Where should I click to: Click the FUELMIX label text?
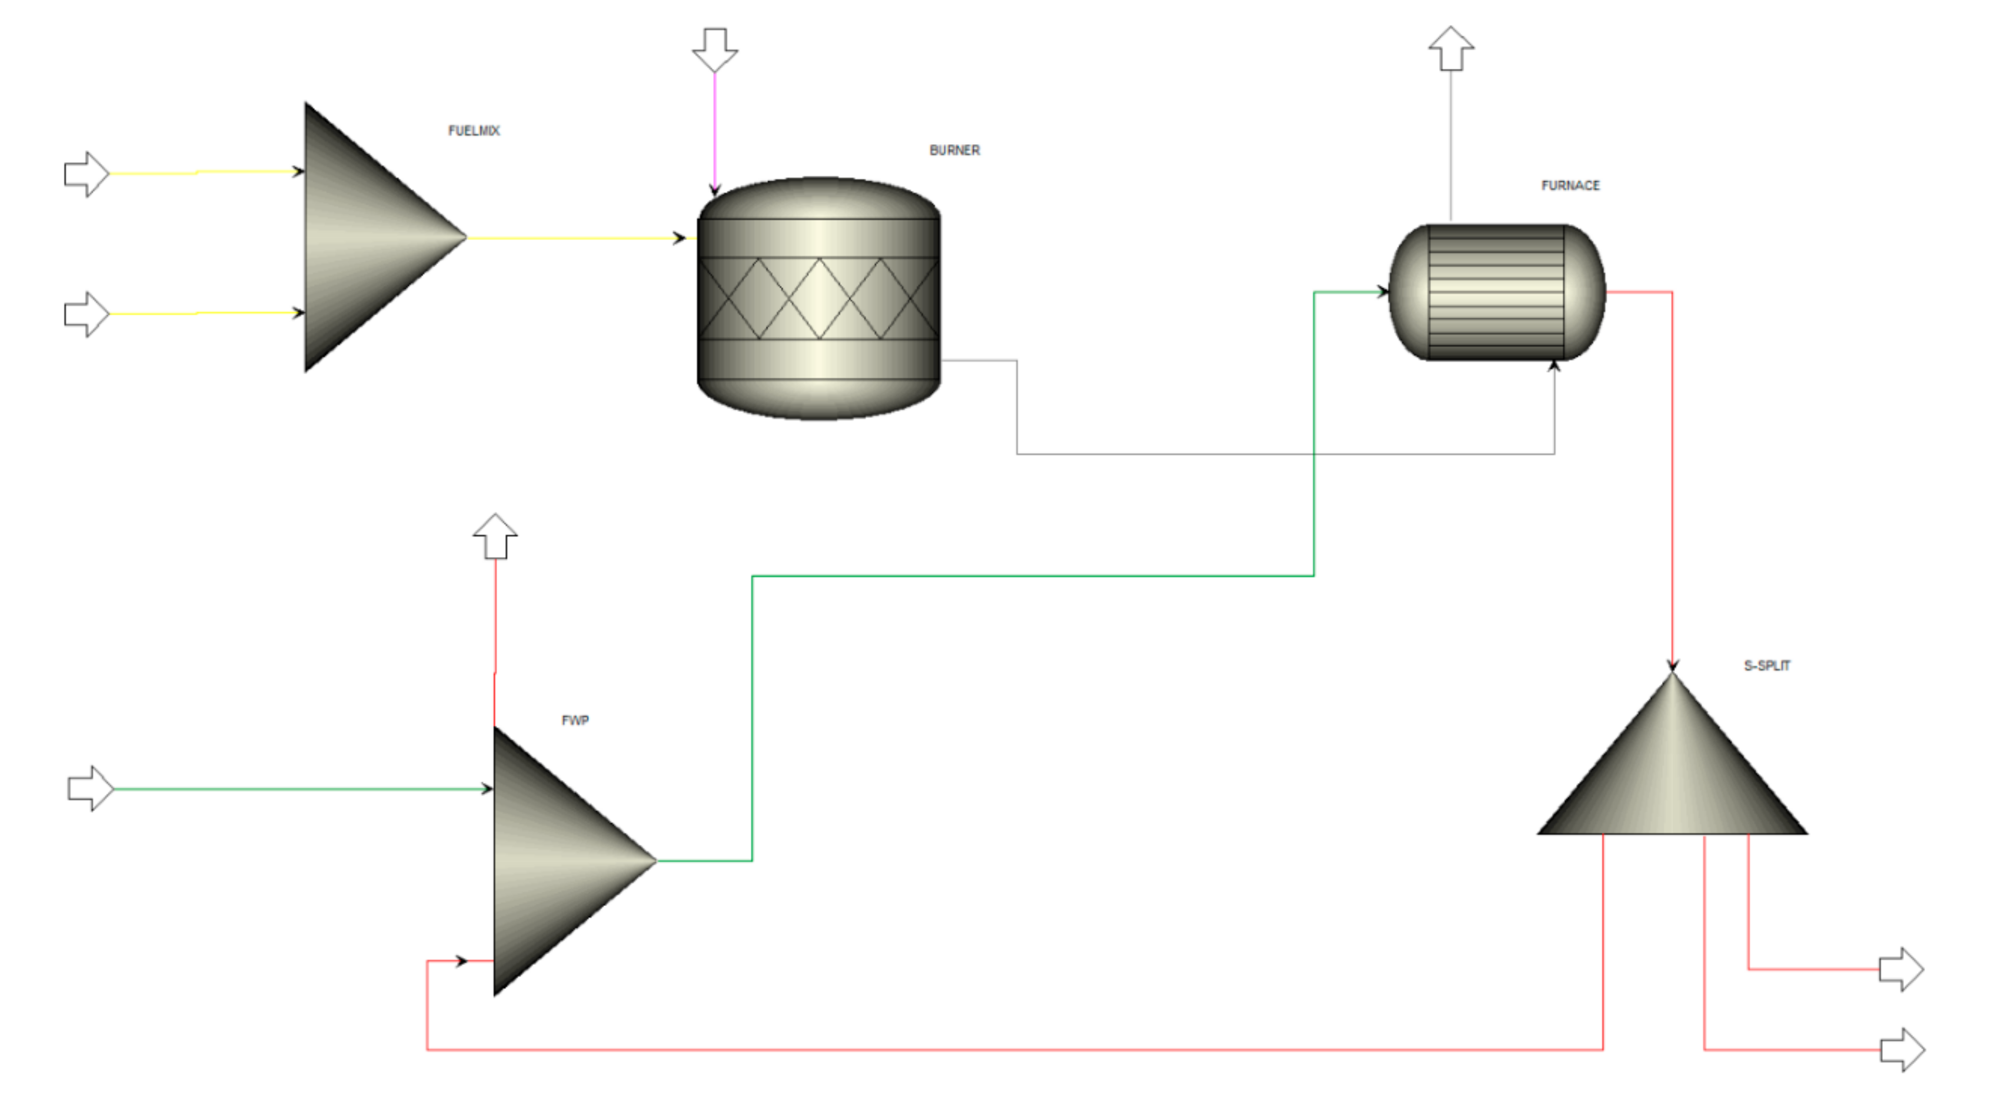474,131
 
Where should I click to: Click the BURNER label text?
954,150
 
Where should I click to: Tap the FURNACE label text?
1570,185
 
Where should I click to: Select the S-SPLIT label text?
1766,665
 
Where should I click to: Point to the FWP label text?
574,720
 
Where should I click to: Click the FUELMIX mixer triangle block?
371,237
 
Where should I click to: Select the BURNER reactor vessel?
818,298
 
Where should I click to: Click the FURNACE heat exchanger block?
1497,292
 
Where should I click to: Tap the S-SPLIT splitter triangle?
1672,773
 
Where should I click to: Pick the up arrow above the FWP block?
495,535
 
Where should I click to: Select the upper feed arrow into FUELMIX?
86,174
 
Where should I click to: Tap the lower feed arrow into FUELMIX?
86,315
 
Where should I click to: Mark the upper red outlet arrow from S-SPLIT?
1900,968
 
